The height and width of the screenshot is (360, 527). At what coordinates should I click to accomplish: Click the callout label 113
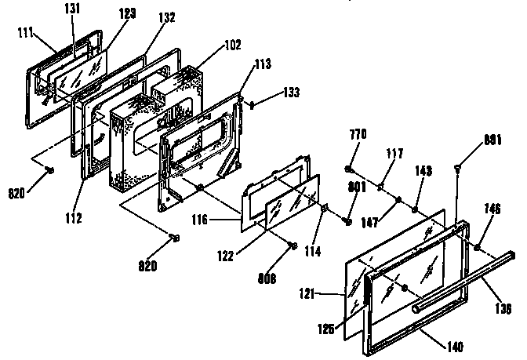tap(261, 64)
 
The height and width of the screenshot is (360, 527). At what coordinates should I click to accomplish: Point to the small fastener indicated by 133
tap(252, 105)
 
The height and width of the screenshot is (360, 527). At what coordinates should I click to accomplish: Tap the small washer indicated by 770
tap(347, 168)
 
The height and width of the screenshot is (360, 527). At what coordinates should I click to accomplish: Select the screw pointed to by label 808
tap(293, 245)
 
